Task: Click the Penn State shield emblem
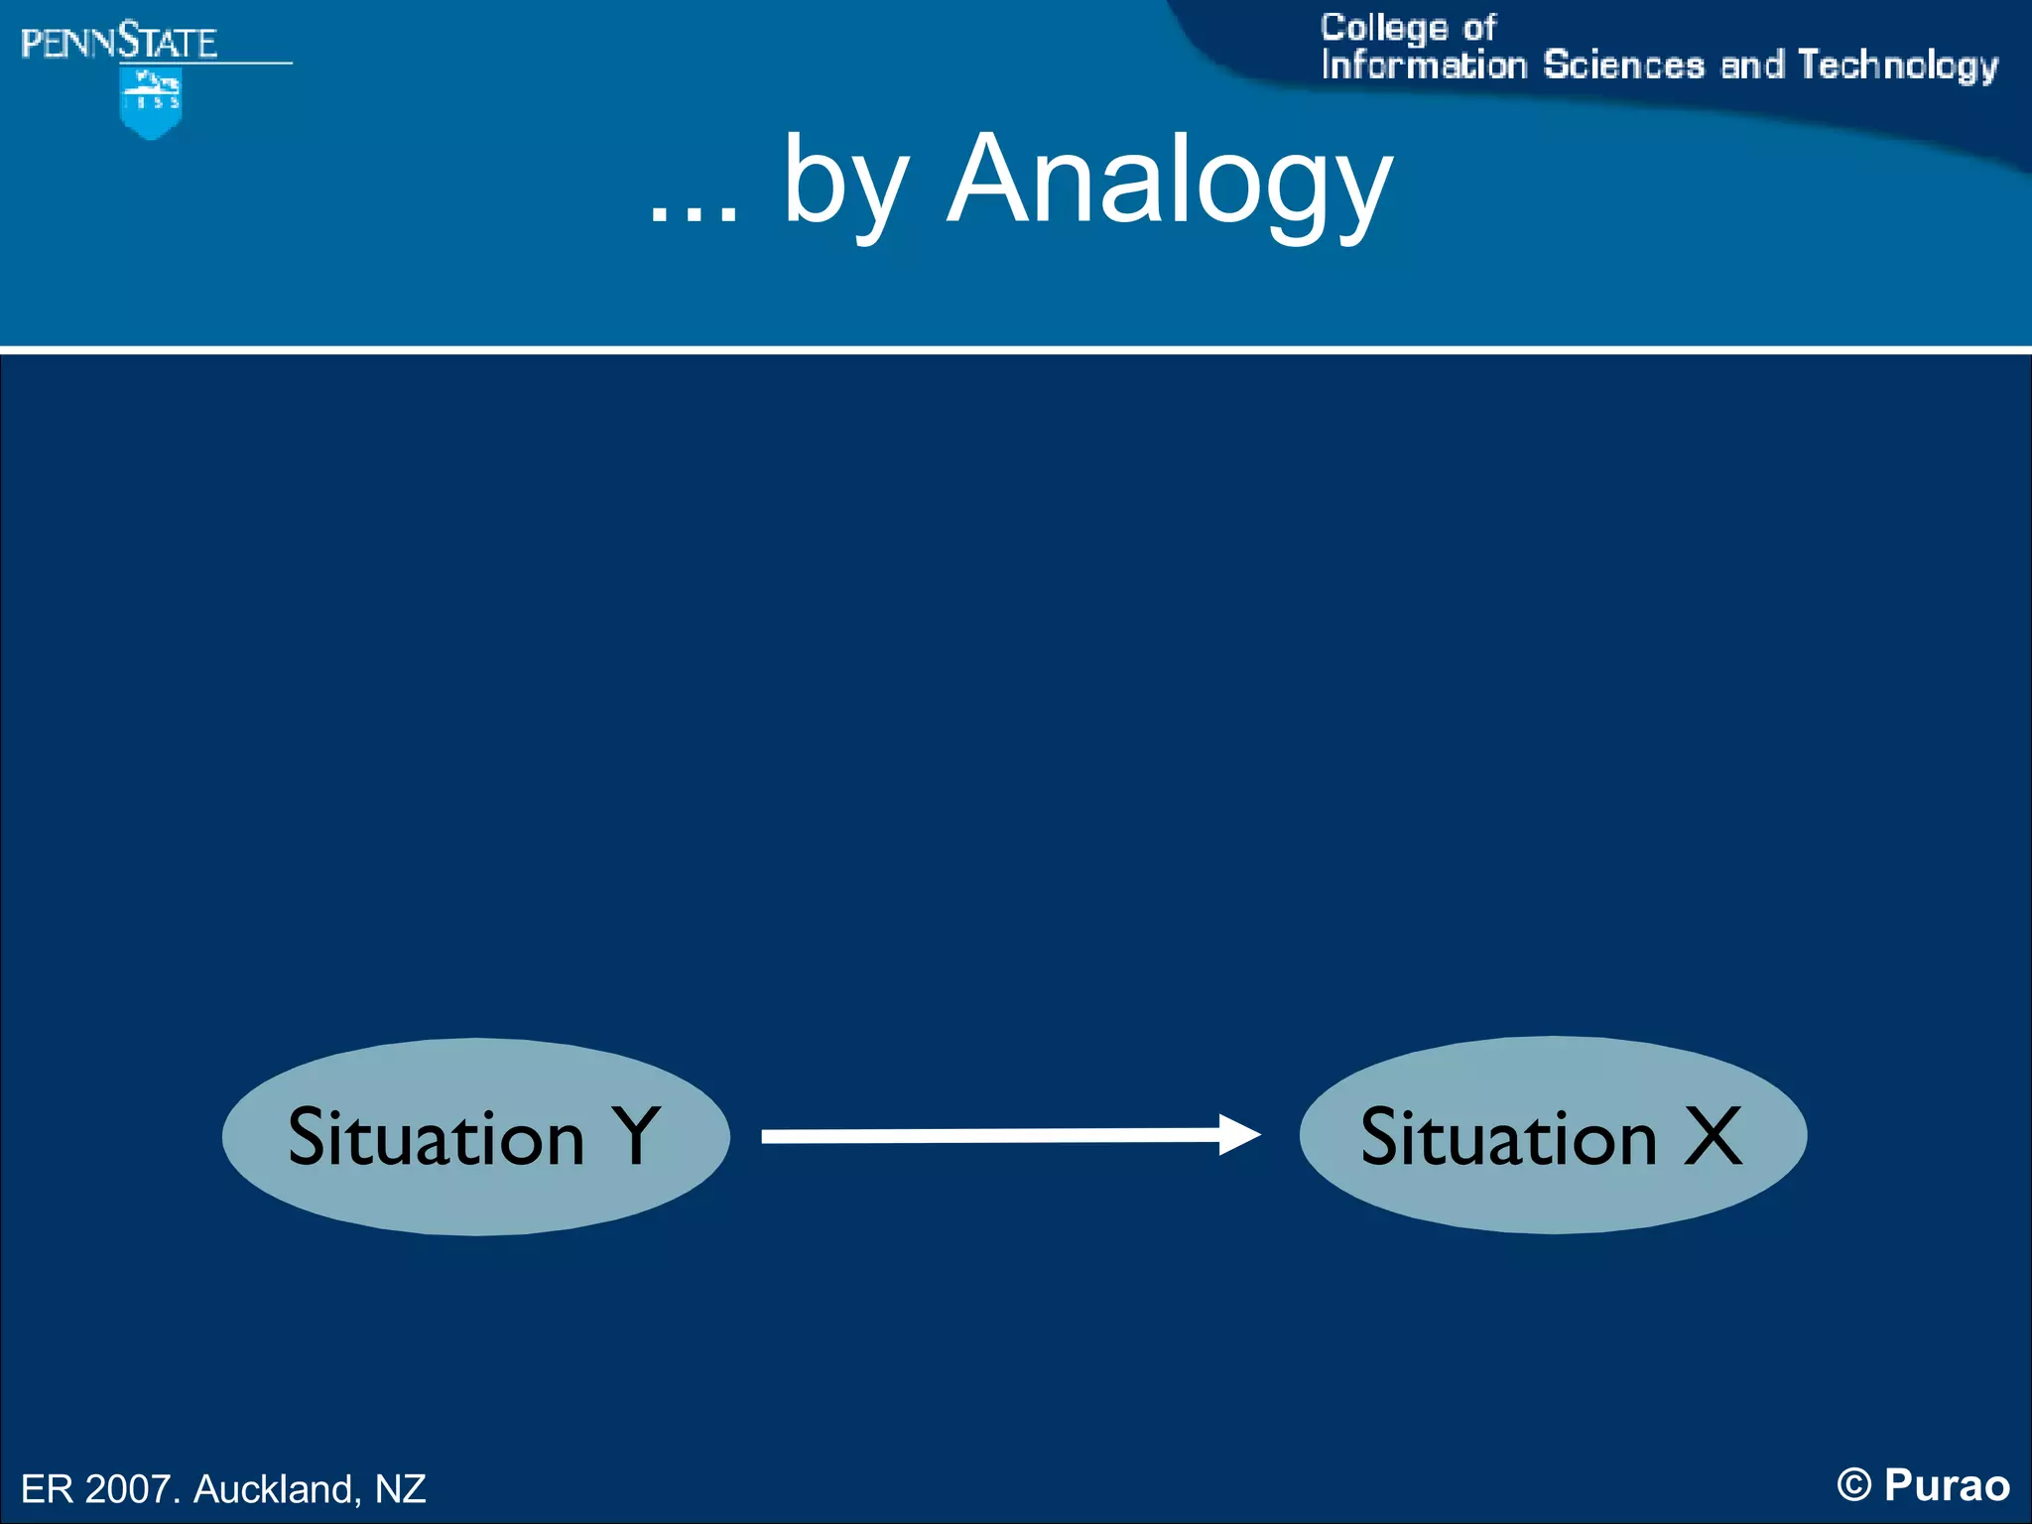click(151, 102)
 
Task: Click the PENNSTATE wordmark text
click(119, 43)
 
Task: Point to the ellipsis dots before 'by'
click(694, 214)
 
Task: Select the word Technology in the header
click(1897, 65)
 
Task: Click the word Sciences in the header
click(1623, 65)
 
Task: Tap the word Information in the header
click(1424, 65)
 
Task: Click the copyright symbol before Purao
click(1853, 1485)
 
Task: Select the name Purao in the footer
click(1947, 1485)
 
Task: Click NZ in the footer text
click(400, 1488)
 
